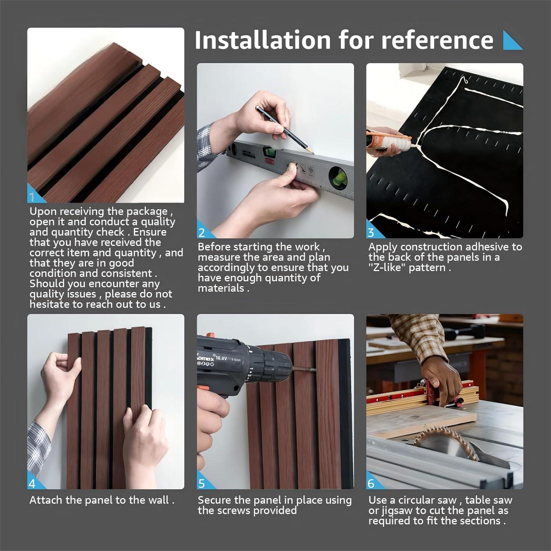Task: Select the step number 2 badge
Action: [202, 233]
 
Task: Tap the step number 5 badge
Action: [202, 483]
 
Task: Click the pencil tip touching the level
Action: [311, 151]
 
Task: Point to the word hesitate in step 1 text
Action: [52, 304]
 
